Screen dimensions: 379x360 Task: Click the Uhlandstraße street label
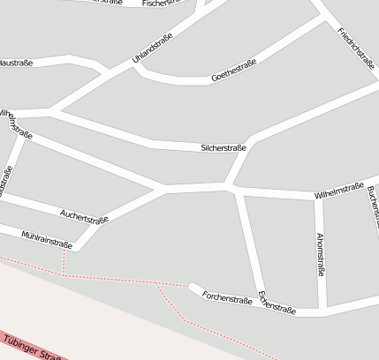[152, 48]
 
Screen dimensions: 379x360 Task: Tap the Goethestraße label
[234, 71]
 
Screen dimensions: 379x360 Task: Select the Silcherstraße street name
[224, 148]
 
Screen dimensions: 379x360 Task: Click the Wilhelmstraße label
[338, 191]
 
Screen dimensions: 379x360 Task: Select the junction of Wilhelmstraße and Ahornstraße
[322, 196]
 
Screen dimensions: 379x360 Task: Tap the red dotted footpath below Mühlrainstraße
[64, 263]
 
